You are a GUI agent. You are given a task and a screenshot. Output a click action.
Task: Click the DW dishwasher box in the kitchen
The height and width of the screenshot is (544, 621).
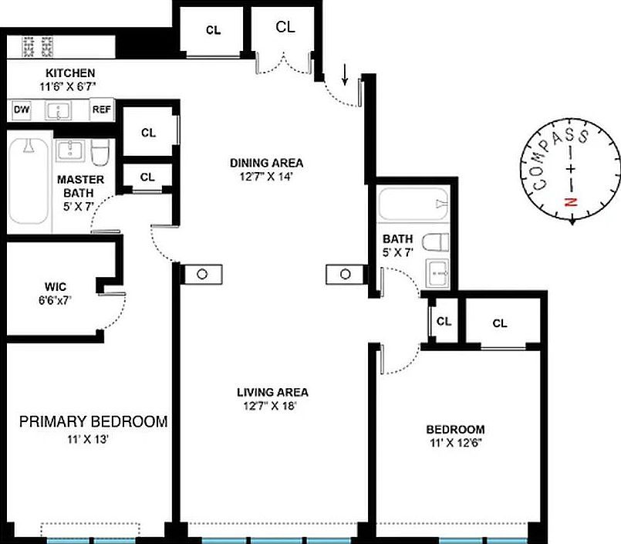(x=21, y=110)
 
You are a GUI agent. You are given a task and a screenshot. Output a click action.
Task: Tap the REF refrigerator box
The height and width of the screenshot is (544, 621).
(x=102, y=110)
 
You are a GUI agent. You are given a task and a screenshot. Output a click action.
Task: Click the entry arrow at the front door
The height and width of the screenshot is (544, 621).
(x=345, y=74)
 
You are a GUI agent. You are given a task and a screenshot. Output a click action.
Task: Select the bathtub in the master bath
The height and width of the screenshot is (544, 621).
(x=29, y=181)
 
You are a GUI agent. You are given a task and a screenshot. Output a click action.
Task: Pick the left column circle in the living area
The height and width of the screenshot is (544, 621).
(x=201, y=274)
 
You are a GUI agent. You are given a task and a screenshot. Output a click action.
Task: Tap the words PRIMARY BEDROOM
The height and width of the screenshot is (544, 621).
(x=93, y=422)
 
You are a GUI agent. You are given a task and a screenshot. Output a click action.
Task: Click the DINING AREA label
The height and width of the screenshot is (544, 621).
(x=266, y=163)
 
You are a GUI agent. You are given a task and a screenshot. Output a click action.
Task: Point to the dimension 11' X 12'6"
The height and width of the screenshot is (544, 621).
(x=456, y=443)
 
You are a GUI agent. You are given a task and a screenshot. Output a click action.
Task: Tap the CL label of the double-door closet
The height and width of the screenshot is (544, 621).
(x=285, y=27)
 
